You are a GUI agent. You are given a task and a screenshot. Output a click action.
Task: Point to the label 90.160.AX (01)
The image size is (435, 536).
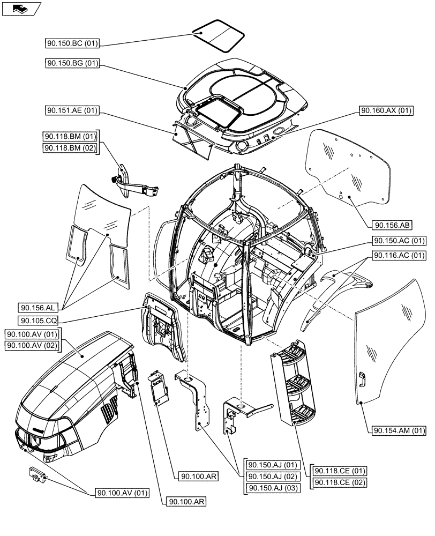(x=386, y=110)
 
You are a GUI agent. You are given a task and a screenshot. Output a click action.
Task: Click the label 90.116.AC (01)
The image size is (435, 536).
(x=400, y=255)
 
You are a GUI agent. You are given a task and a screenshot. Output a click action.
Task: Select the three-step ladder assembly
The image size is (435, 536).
(x=294, y=383)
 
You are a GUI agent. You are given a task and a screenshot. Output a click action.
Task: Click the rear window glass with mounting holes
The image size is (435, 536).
(x=351, y=166)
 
